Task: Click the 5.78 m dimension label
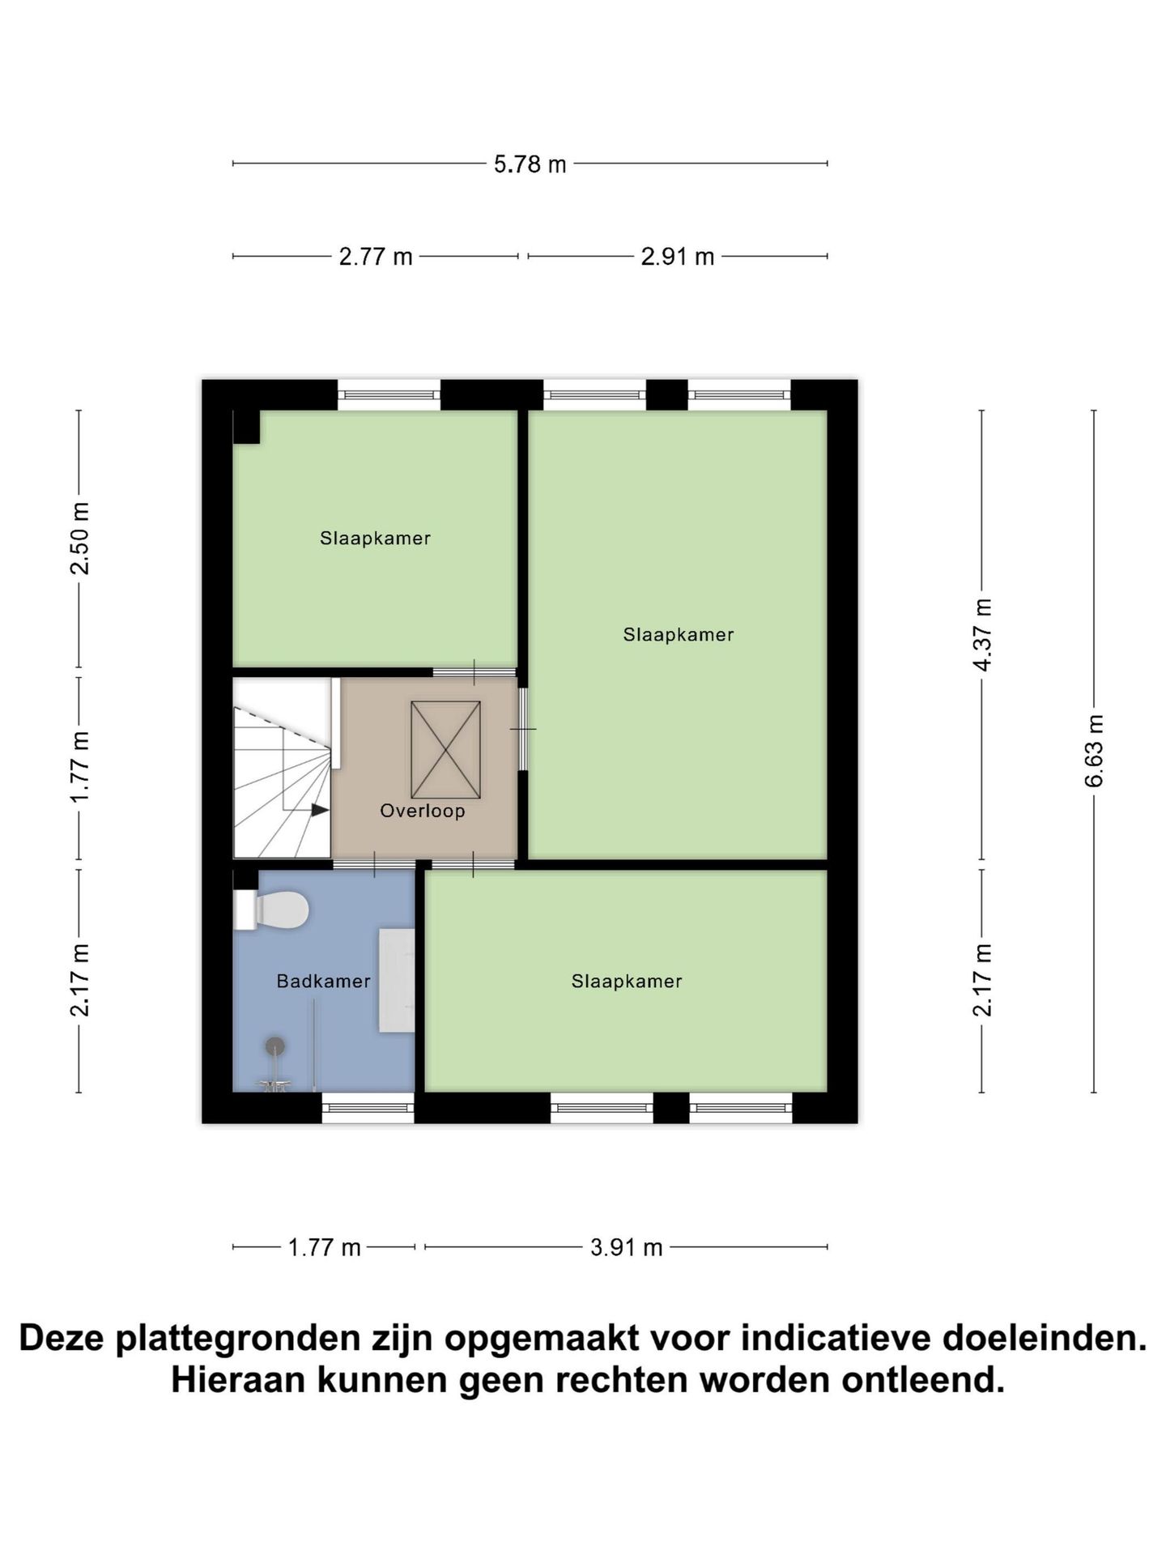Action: [x=530, y=164]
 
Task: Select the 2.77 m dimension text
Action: [x=375, y=257]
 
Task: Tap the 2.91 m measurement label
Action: [x=677, y=257]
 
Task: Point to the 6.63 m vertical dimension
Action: [x=1094, y=750]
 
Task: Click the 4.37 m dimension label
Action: [x=982, y=635]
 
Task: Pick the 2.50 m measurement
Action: [x=79, y=538]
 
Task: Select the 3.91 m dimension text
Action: [x=626, y=1247]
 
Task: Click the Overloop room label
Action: [x=423, y=811]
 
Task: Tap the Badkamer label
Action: [x=323, y=981]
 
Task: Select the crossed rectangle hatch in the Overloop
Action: [x=445, y=750]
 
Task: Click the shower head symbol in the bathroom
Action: [x=275, y=1046]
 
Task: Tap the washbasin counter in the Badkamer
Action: [x=397, y=980]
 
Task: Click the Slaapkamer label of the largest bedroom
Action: [x=678, y=635]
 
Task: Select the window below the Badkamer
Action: [x=368, y=1108]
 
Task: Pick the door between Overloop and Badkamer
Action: [x=374, y=865]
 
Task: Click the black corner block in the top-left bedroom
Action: [x=246, y=427]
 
